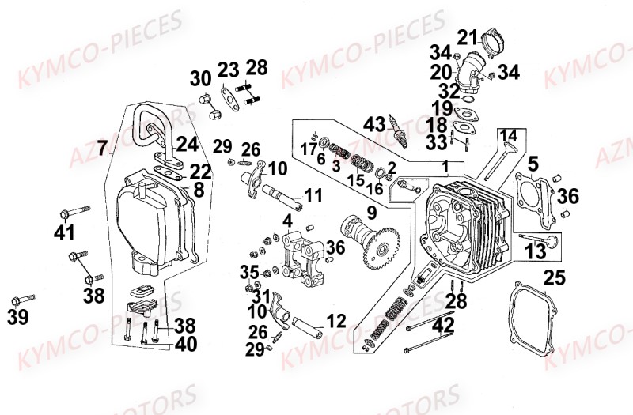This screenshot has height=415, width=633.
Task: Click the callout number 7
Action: [x=102, y=147]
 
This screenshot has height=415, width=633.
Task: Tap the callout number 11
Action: [x=313, y=194]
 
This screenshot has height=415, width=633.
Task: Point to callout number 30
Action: [x=200, y=78]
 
